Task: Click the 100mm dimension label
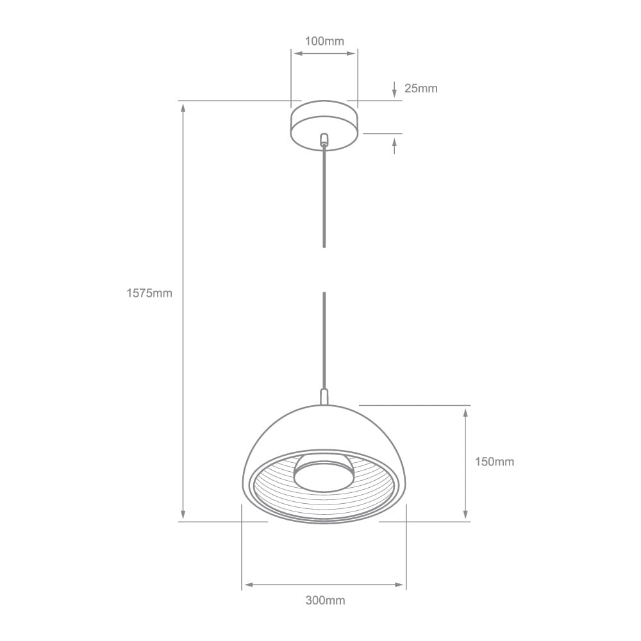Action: (324, 42)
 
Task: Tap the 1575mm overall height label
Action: (149, 293)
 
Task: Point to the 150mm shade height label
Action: (494, 462)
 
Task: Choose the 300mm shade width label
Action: (325, 601)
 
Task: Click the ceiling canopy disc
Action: (324, 124)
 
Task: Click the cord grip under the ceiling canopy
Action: (324, 140)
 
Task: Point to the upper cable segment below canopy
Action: (324, 196)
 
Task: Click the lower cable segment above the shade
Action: (324, 340)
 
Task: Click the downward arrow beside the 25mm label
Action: (395, 93)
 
